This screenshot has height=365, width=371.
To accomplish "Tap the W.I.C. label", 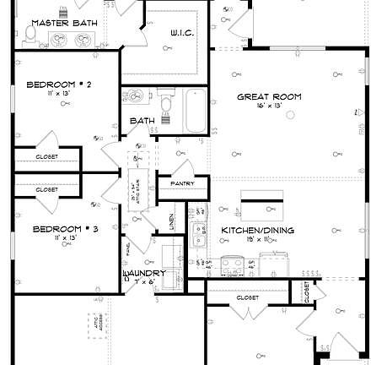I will click(181, 32).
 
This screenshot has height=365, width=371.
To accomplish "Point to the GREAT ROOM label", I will click(269, 97).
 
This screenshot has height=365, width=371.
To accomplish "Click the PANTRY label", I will click(182, 183).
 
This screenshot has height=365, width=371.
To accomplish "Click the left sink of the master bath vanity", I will click(57, 40).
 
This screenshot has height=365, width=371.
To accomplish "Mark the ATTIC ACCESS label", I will click(94, 324).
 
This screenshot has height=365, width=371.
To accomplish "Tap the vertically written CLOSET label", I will click(306, 291).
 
